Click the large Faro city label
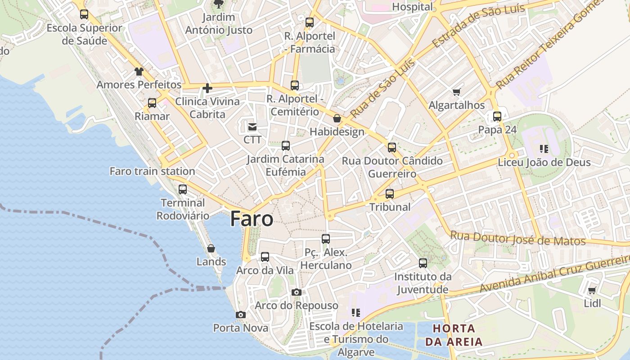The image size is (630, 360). coord(252,219)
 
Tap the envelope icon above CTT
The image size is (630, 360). coord(252,127)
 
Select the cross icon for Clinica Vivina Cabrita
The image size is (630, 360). coord(207,88)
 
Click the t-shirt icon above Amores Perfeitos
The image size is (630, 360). coord(139,72)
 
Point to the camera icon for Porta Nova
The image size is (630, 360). coord(241,315)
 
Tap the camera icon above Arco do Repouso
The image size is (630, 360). coord(296,292)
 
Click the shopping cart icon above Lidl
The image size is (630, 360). coord(592,290)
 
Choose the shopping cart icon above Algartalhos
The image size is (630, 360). coord(457,92)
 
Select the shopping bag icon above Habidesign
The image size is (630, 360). coord(337,118)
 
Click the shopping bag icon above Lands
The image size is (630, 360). coord(211,248)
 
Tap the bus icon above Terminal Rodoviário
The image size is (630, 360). coord(182,189)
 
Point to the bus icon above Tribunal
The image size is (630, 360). coord(390,194)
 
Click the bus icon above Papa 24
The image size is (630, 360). coord(497,117)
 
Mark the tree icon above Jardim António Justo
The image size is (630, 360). coord(218,4)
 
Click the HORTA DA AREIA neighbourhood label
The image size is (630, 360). coord(454,334)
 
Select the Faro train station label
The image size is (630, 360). coord(152,171)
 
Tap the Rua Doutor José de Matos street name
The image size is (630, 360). coord(517,238)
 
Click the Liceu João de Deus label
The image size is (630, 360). coord(544,162)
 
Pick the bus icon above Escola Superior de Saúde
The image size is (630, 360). coord(84,14)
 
